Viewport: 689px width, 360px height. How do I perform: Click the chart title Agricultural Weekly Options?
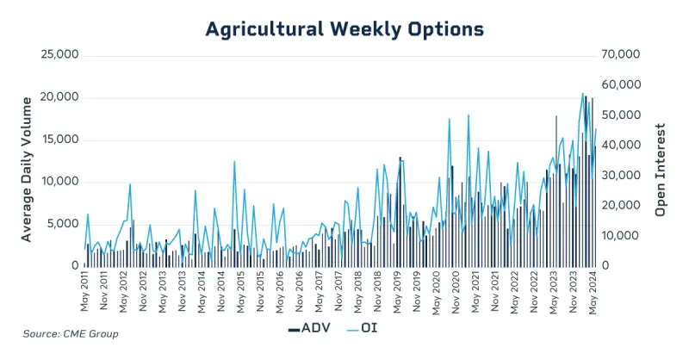pos(344,28)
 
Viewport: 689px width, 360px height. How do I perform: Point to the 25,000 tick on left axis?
pos(60,54)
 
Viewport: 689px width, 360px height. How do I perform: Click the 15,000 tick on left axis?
pos(60,139)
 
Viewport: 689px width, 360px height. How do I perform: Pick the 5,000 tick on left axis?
pos(64,223)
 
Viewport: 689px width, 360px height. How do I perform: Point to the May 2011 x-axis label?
pos(84,293)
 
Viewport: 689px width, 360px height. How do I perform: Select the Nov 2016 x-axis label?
pos(299,293)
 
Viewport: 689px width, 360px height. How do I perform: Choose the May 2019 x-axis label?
pos(397,293)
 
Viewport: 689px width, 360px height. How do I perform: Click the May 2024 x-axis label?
pos(593,293)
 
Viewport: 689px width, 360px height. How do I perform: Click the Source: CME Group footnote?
pos(71,333)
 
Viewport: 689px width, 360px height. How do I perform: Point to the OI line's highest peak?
pos(583,93)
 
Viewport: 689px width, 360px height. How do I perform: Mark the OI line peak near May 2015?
pos(234,161)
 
